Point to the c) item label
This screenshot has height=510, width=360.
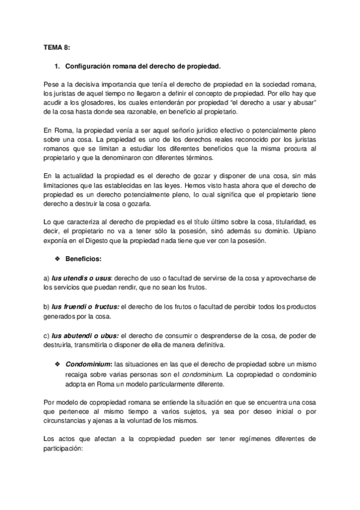click(47, 335)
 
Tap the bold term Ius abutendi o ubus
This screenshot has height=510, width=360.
click(84, 335)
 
